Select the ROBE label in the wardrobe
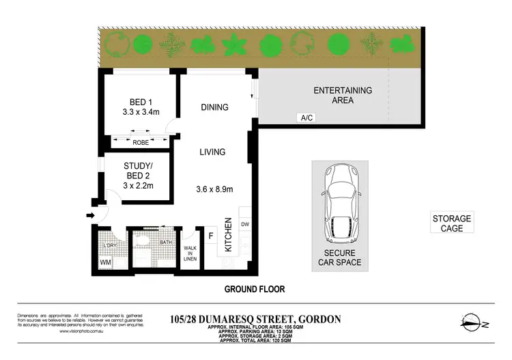click(141, 143)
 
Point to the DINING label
click(214, 107)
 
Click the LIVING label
click(212, 152)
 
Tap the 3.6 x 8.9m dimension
click(215, 189)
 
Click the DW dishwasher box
click(246, 223)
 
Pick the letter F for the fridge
click(211, 237)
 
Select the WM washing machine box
click(106, 261)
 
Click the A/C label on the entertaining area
click(307, 118)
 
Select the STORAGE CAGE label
click(451, 223)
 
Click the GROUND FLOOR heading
click(255, 289)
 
